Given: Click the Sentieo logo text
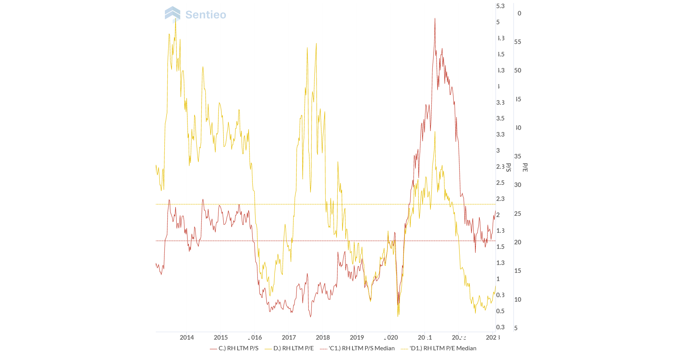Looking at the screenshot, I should point(206,15).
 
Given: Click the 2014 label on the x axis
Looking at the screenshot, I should point(186,338).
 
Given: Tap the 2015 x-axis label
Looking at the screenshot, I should point(220,338).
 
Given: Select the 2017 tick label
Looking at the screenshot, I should point(288,338).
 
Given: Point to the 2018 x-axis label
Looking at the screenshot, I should point(323,338).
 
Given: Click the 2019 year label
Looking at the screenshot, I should point(357,338).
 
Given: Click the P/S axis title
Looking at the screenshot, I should point(508,167).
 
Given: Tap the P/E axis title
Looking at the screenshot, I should point(525,167).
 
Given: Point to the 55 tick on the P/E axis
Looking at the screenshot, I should point(517,42).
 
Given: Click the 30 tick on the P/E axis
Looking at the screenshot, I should point(517,185).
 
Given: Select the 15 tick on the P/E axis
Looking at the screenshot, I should point(517,271).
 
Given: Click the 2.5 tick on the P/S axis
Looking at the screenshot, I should point(500,183).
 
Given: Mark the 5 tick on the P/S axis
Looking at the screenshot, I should point(498,22).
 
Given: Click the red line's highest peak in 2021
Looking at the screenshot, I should point(435,19).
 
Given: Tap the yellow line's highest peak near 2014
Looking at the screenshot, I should point(176,19).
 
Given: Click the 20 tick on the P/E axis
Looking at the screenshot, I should point(517,242).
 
